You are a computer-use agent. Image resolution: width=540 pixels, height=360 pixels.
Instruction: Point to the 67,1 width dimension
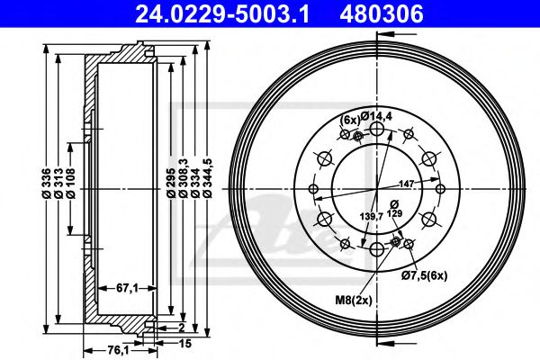tap(126, 287)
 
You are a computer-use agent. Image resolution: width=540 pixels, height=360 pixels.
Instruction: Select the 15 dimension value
tap(183, 344)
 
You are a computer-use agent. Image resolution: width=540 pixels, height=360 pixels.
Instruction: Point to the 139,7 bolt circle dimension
tap(372, 216)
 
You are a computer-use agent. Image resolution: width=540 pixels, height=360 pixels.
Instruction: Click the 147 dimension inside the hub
tap(406, 183)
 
